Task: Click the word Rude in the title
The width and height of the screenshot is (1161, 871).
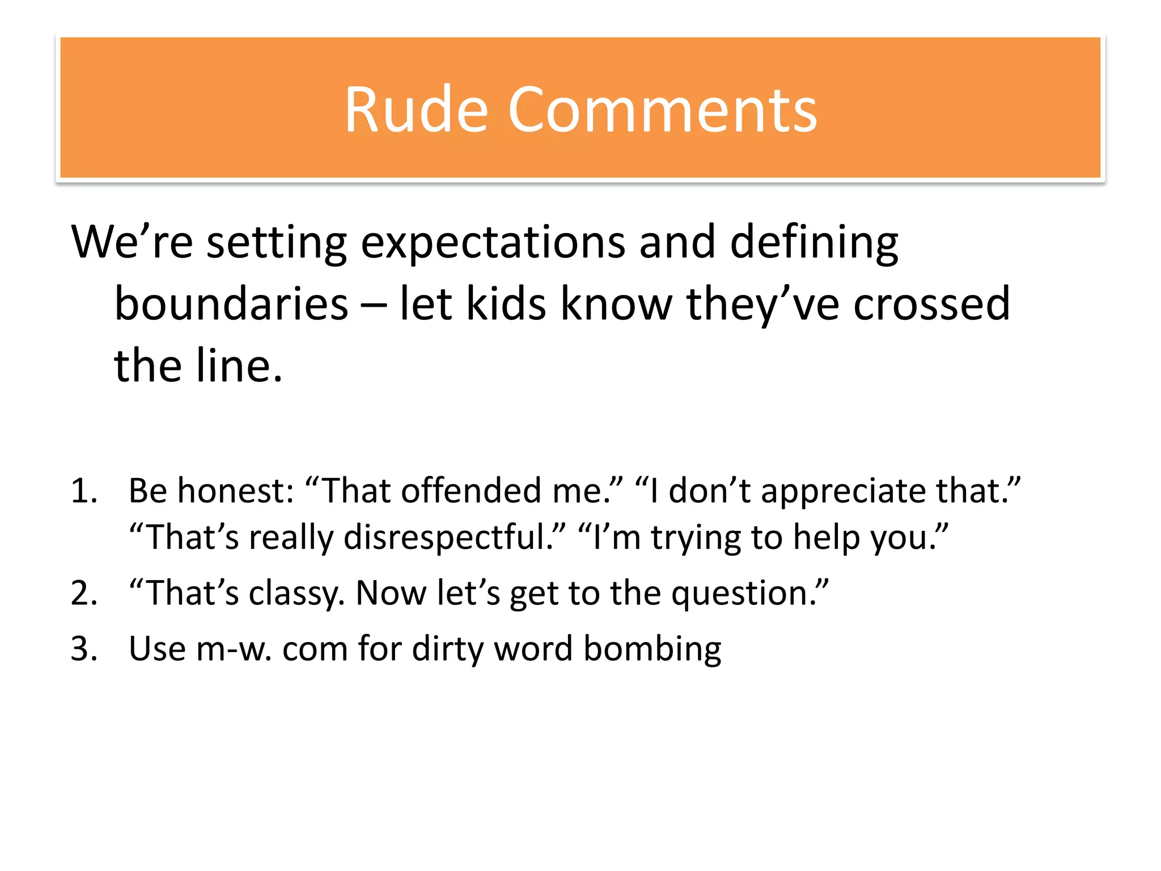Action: pos(416,110)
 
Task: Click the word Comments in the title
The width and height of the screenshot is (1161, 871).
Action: pos(662,110)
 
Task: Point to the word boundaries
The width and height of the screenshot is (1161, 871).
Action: pos(231,305)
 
